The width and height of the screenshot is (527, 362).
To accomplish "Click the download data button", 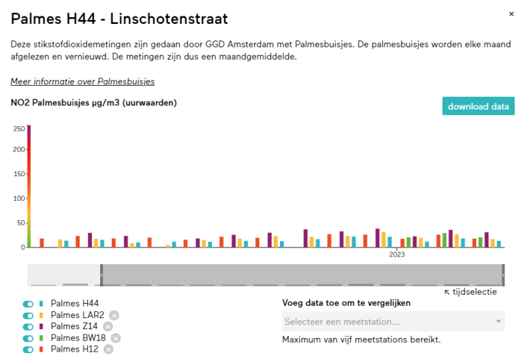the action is coord(478,106).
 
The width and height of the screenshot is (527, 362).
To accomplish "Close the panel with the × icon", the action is coord(511,14).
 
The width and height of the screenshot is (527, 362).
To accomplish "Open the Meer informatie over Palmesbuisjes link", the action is coord(82,82).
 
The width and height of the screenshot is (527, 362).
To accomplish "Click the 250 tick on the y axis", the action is coord(19,129).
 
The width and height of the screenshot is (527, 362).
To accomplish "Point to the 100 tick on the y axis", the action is coord(19,198).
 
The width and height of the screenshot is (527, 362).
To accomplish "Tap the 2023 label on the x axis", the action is coord(397,254).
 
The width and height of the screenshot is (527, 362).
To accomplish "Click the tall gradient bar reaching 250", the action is coord(29,186).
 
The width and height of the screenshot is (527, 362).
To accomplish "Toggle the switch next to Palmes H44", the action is coord(28,304).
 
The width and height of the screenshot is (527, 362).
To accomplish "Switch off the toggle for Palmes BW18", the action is coord(28,338).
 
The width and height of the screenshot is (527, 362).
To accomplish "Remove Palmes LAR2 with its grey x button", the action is coord(114,315).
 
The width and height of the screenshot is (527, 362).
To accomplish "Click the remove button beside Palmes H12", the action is coord(108,350).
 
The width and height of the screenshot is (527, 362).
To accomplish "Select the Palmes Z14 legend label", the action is coord(74,326).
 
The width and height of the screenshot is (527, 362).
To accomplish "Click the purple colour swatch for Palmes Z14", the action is coord(41,326).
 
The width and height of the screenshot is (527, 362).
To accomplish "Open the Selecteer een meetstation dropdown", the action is coord(393,322).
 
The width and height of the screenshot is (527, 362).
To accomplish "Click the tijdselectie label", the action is coord(474,292).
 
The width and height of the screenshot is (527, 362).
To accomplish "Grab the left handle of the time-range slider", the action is coord(102,275).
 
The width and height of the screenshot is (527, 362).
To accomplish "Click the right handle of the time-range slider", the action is coord(503,275).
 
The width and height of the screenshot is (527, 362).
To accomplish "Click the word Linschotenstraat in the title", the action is coord(169,19).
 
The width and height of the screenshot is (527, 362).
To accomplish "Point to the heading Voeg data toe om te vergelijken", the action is coord(346,303).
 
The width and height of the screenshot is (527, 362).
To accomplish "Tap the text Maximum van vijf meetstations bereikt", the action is coord(362,340).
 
